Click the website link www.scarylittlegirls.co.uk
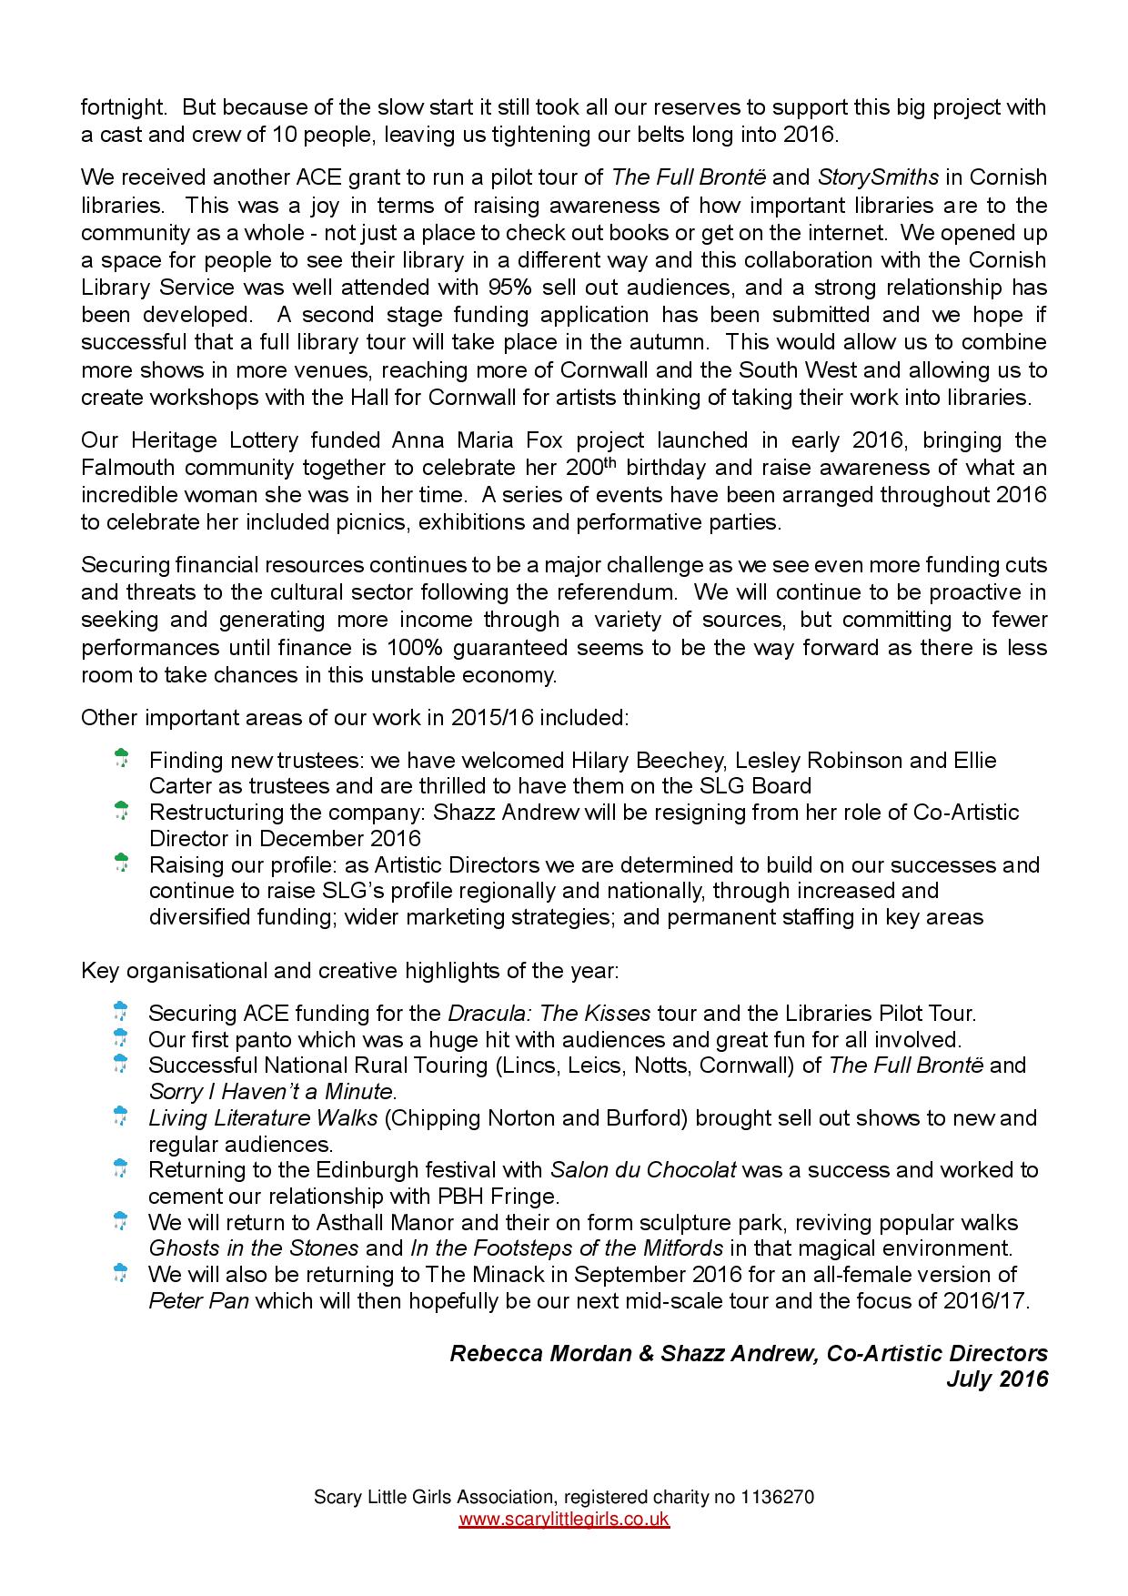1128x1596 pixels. coord(564,1520)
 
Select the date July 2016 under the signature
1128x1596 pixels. coord(997,1379)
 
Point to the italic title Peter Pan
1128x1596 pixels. coord(198,1300)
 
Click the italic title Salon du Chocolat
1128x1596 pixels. coord(643,1169)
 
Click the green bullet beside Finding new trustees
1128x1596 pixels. coord(121,757)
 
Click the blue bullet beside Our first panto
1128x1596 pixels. coord(120,1036)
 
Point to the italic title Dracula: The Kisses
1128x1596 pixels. coord(549,1013)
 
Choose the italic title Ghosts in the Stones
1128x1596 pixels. coord(253,1248)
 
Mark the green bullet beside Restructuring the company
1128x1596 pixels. coord(121,810)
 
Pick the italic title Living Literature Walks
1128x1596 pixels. coord(263,1117)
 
